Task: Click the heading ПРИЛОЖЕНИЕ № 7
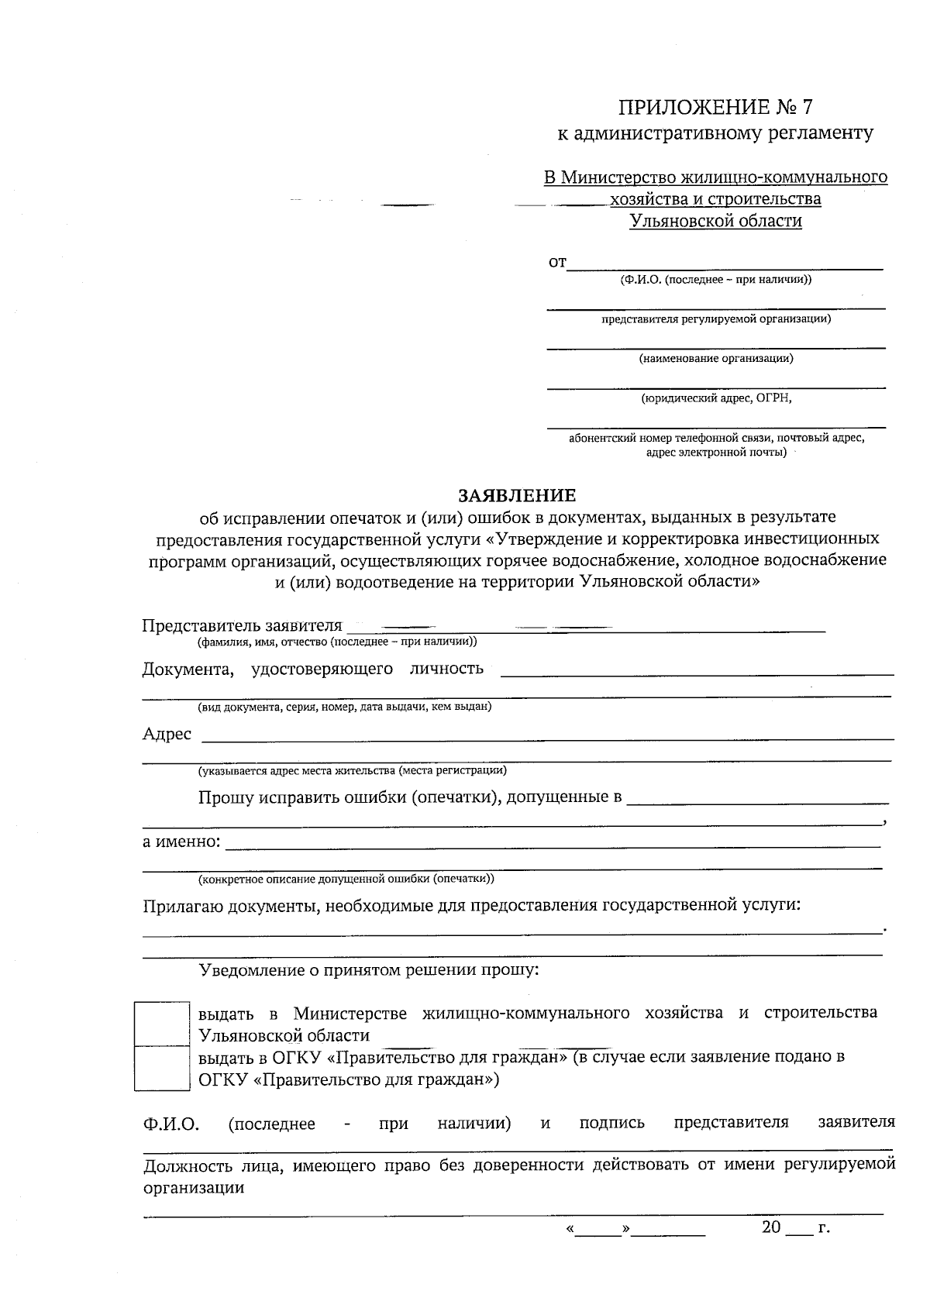pos(715,106)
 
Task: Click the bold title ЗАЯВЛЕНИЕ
pos(518,495)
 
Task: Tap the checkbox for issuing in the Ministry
pos(162,1024)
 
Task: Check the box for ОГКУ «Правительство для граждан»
pos(162,1068)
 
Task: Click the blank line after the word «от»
pos(725,263)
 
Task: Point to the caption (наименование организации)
pos(715,359)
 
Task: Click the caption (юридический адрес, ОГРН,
pos(715,398)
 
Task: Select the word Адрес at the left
pos(167,734)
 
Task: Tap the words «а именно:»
pos(181,842)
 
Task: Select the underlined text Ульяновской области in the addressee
pos(715,222)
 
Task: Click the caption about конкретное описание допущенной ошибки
pos(346,879)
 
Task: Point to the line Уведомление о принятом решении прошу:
pos(369,969)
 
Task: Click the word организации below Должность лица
pos(194,1188)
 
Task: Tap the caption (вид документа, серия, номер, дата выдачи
pos(344,707)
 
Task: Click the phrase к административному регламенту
pos(715,133)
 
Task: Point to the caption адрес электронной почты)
pos(715,452)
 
